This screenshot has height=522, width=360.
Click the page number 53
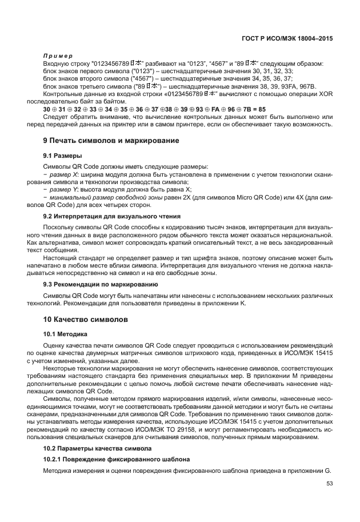pyautogui.click(x=329, y=484)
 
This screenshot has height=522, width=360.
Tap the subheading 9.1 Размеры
pyautogui.click(x=62, y=155)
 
